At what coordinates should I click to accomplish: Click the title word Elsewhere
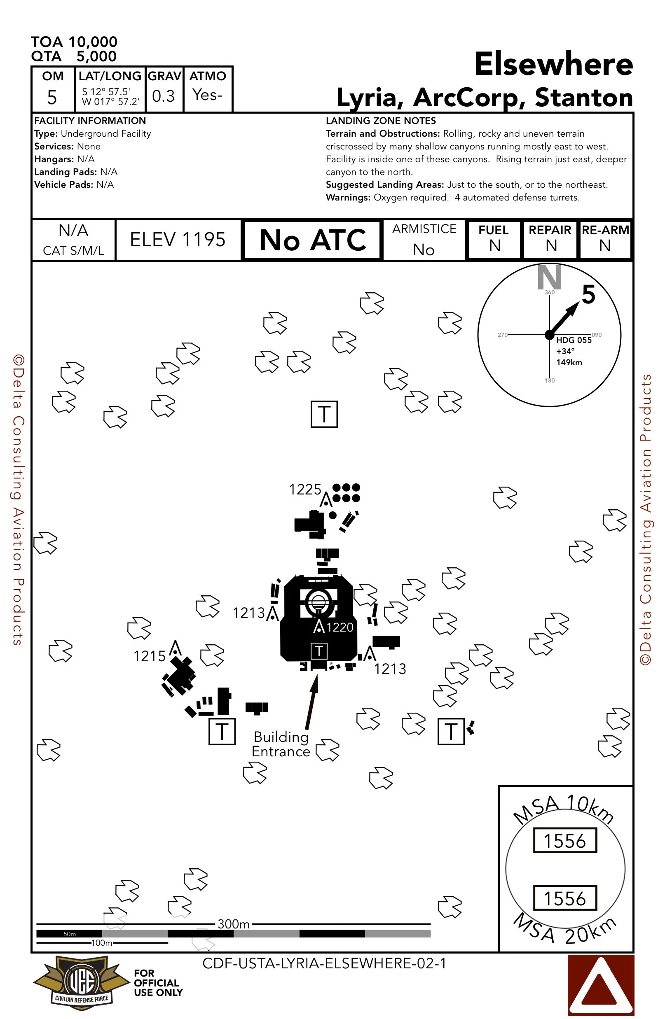[x=553, y=64]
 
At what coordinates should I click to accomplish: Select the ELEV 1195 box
[x=178, y=240]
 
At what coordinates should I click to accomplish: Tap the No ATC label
[x=313, y=240]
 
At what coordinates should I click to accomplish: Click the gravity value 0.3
[x=164, y=96]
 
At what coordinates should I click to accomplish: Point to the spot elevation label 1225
[x=305, y=490]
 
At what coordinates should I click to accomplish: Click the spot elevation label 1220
[x=340, y=627]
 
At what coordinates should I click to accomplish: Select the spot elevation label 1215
[x=149, y=656]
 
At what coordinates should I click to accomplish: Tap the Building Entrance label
[x=281, y=744]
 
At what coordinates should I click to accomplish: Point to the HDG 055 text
[x=574, y=340]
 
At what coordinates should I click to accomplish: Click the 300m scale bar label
[x=234, y=924]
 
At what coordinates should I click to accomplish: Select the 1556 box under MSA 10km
[x=565, y=841]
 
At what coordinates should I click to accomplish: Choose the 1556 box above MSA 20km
[x=565, y=898]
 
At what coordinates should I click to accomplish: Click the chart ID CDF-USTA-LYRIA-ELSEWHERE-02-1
[x=324, y=963]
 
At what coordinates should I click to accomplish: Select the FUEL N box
[x=494, y=239]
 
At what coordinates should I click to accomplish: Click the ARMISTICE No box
[x=424, y=240]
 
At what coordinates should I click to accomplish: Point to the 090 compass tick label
[x=597, y=335]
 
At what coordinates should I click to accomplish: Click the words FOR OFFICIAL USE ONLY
[x=158, y=983]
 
